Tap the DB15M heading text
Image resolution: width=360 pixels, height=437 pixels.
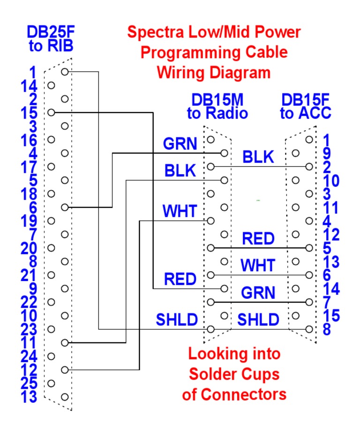tap(217, 100)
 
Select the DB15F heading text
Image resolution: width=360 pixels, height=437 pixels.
tap(305, 100)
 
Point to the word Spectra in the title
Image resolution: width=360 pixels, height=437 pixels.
tap(157, 32)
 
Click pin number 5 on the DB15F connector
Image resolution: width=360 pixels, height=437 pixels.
tap(327, 247)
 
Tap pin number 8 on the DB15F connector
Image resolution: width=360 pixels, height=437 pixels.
tap(327, 329)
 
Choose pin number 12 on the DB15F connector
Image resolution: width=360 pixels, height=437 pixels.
tap(331, 234)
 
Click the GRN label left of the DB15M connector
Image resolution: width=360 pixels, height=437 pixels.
tap(180, 144)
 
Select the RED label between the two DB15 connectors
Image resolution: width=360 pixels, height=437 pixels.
tap(258, 239)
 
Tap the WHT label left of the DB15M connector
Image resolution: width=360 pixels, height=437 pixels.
tap(180, 211)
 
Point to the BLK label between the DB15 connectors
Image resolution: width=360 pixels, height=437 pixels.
tap(258, 157)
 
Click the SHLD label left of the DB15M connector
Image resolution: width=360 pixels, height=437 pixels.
tap(177, 320)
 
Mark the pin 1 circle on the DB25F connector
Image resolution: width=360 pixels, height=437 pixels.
tap(65, 72)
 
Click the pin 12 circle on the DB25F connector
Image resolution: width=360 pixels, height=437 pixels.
tap(65, 370)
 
